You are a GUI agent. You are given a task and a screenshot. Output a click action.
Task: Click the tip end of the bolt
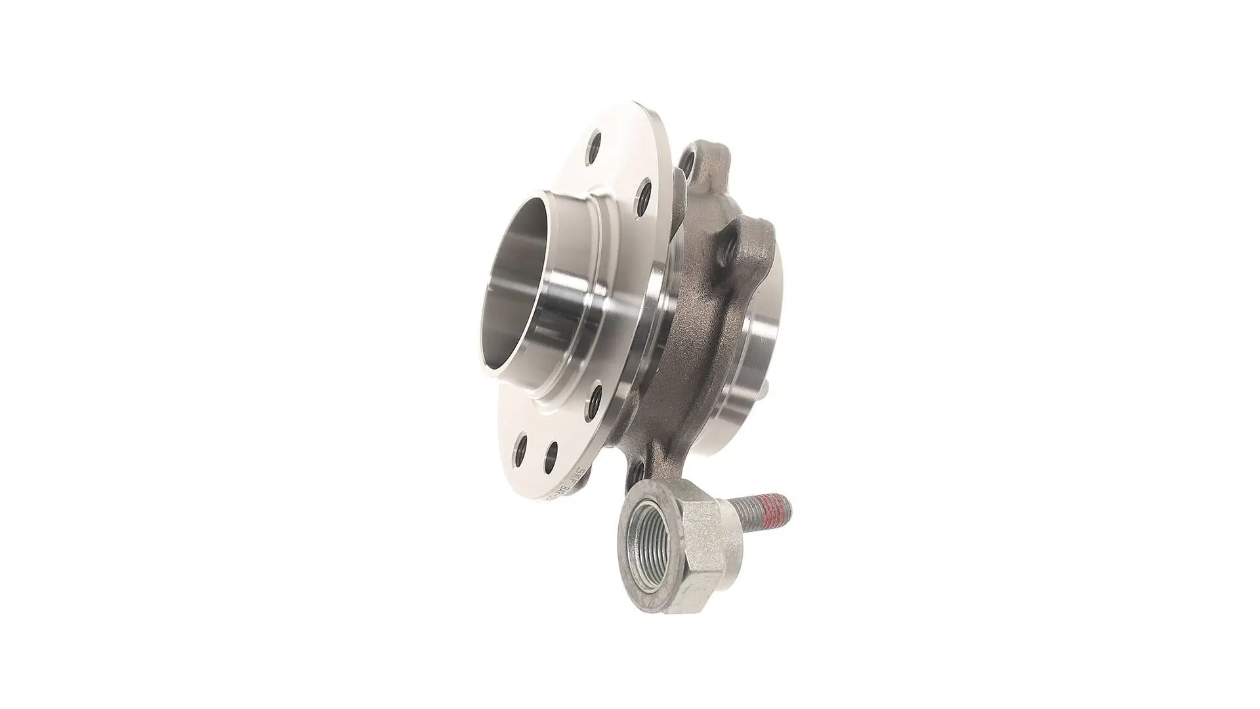point(790,509)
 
